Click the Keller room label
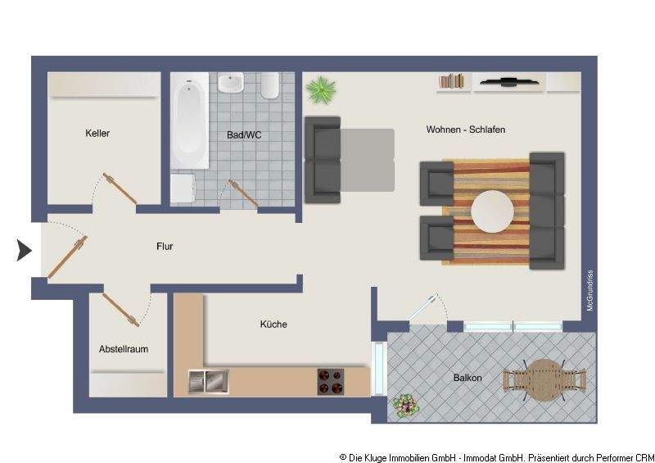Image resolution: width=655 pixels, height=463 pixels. pos(97,133)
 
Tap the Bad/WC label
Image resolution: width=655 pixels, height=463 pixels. pos(243,134)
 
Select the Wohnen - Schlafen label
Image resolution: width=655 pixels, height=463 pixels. pos(465,129)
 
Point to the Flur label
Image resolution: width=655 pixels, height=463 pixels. pos(165,245)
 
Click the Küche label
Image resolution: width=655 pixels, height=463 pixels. pos(273,325)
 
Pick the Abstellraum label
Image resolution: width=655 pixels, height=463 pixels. pos(124,348)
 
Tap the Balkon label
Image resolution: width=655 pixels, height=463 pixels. pos(468,378)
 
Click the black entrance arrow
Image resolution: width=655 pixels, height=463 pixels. pos(24,250)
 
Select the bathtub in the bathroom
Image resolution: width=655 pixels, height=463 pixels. pos(190,119)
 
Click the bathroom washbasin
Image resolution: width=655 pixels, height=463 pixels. pos(231,84)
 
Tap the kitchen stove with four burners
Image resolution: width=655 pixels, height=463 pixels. pos(331,381)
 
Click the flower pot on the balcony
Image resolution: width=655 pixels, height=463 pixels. pos(404,406)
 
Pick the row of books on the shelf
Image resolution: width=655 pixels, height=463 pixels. pos(451,81)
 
